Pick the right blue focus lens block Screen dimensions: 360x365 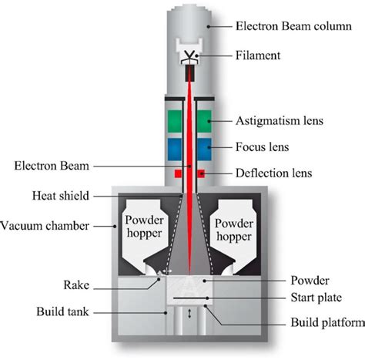[x=204, y=148]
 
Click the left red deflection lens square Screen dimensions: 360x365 [x=177, y=175]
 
